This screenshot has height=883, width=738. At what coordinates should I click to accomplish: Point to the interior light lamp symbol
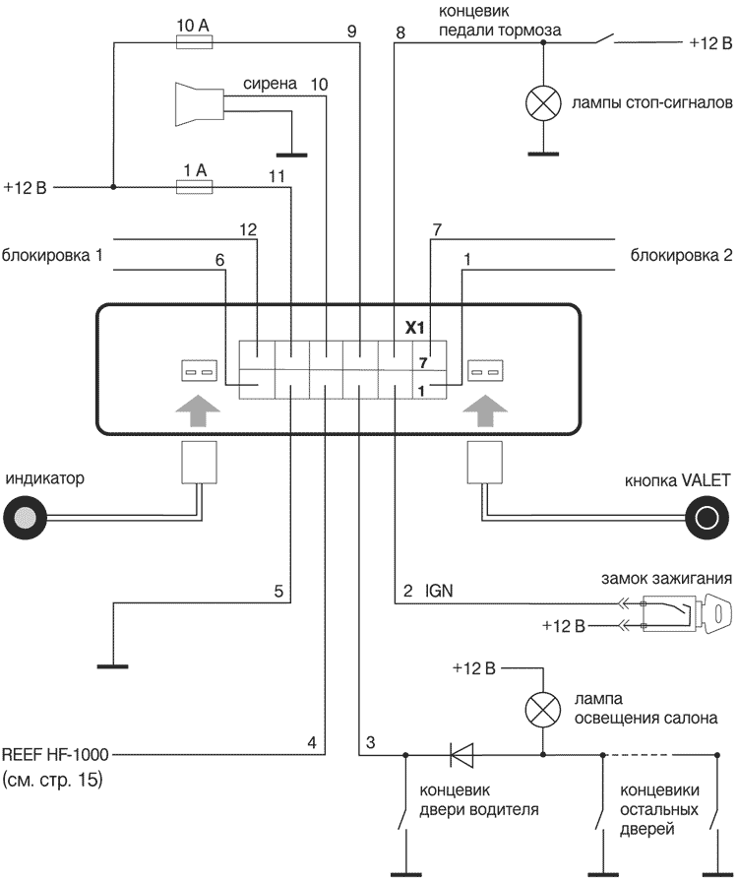(542, 709)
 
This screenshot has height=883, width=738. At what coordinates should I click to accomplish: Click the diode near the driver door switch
(461, 755)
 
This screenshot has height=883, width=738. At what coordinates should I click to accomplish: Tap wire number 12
(248, 229)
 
